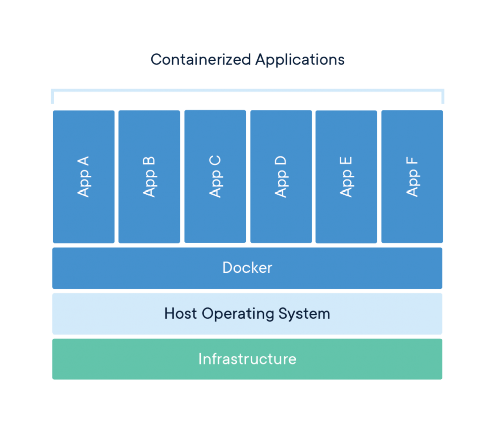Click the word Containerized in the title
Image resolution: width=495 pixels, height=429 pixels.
pos(201,60)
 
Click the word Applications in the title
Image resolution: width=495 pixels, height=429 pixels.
pos(300,60)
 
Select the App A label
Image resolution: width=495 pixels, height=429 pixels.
pos(83,176)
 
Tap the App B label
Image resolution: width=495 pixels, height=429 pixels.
pos(149,176)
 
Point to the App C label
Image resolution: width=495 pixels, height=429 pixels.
pos(215,176)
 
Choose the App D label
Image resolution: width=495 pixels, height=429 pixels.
pos(281,176)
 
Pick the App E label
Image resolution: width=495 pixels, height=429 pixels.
pos(346,176)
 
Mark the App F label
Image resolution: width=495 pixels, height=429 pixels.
pos(412,176)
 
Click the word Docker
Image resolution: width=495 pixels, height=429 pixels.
pos(247,267)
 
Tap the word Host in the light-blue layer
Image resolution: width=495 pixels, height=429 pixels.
pos(181,313)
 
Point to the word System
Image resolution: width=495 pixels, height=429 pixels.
pos(304,314)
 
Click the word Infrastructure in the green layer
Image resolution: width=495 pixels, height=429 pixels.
pos(247,359)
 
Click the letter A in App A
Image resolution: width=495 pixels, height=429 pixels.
pos(83,161)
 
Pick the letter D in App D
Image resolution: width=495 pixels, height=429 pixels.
pos(281,161)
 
